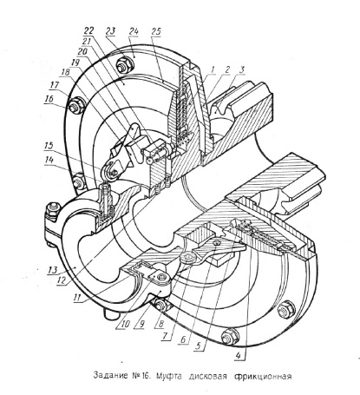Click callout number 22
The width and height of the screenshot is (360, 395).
click(x=89, y=30)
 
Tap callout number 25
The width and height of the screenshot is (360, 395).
click(x=156, y=31)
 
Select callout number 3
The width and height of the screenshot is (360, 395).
click(x=242, y=69)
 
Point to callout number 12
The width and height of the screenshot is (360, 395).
click(x=62, y=280)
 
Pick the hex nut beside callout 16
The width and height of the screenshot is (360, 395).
click(x=77, y=106)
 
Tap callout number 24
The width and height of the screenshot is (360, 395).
click(x=134, y=31)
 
